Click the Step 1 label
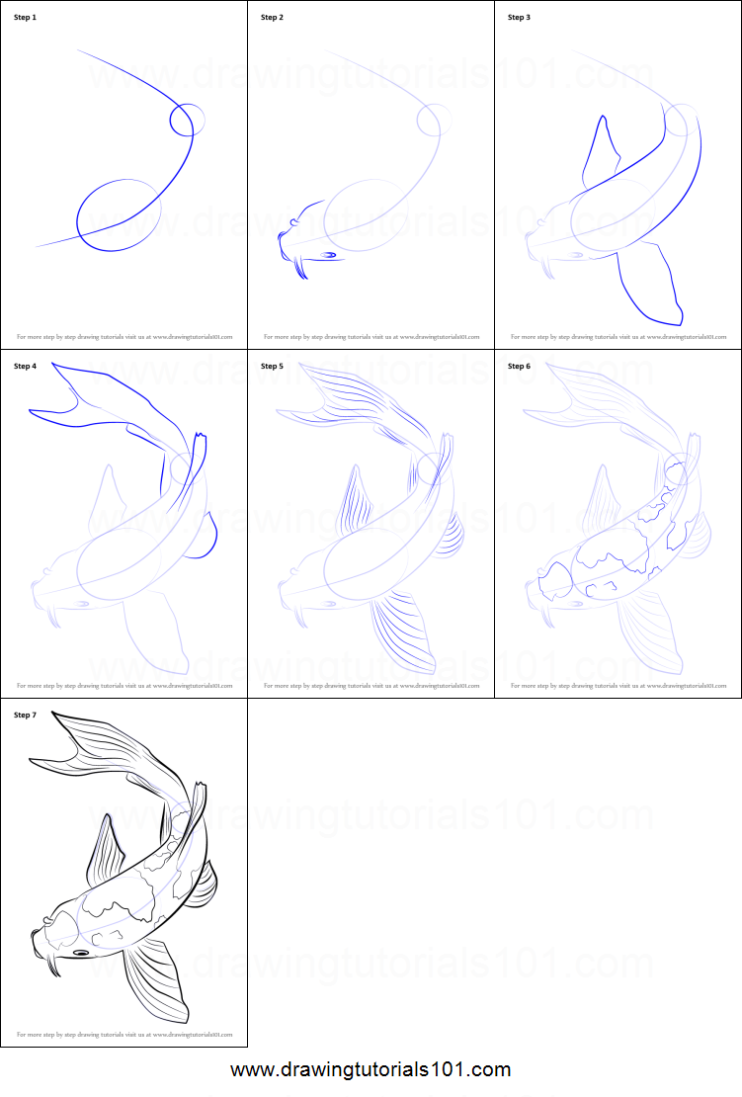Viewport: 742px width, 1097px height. tap(25, 18)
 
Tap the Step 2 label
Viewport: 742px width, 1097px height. tap(272, 18)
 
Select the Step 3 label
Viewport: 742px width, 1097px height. tap(519, 18)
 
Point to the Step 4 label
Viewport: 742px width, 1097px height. tap(25, 367)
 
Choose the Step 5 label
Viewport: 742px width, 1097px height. tap(272, 367)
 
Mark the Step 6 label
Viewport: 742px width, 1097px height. tap(519, 367)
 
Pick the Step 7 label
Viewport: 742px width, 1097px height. tap(25, 715)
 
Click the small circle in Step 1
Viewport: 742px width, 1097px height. tap(187, 121)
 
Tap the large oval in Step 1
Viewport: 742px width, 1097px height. tap(119, 215)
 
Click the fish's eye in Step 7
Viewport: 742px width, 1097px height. tap(81, 953)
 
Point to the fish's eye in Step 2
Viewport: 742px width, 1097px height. tap(328, 255)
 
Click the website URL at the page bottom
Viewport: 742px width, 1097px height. tap(371, 1069)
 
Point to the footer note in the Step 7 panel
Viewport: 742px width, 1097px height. tap(124, 1035)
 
